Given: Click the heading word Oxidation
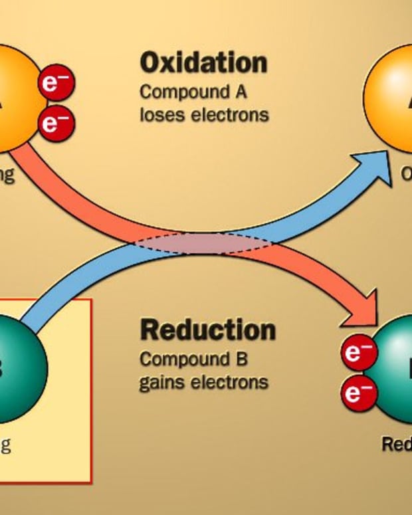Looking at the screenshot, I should [203, 63].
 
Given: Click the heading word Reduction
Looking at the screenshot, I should [207, 330].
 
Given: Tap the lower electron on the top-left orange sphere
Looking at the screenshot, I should [56, 123].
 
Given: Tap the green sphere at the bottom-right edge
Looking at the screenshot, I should [395, 369].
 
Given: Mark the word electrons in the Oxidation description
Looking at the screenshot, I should [230, 114].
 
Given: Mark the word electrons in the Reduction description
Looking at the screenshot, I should [230, 382].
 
